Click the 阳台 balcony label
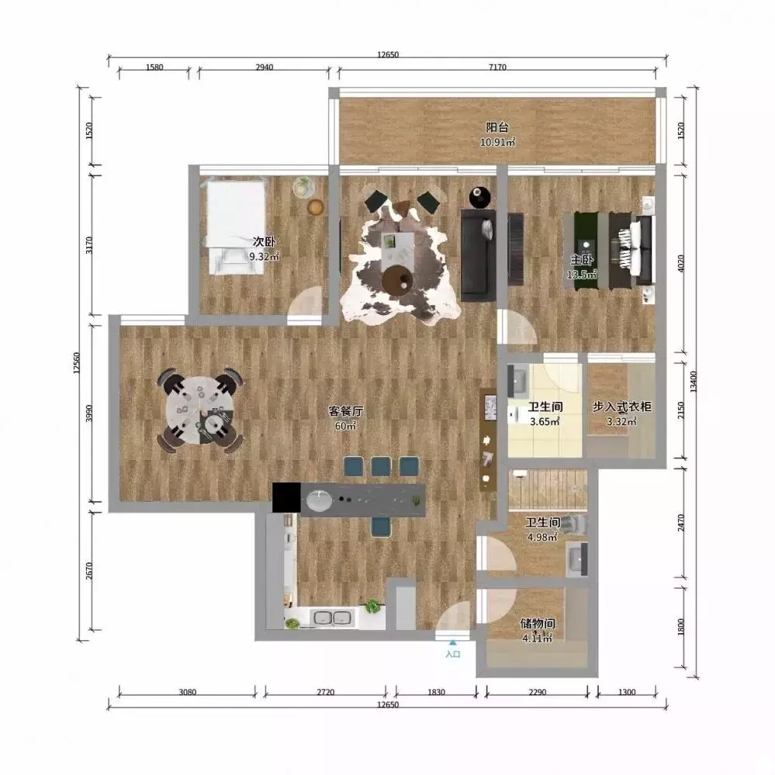coord(496,127)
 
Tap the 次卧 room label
coord(264,242)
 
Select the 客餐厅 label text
coord(346,410)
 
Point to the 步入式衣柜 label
coord(621,407)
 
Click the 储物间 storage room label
coord(538,624)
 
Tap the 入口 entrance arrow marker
coord(453,643)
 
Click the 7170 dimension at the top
coord(497,67)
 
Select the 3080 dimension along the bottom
coord(187,692)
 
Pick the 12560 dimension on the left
coord(76,363)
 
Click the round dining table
coord(199,410)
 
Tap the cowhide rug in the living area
coord(400,264)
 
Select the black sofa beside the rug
coord(478,255)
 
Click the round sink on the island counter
coord(319,501)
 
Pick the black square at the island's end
coord(286,497)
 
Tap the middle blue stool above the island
coord(381,466)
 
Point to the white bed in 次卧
coord(235,227)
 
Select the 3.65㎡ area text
coord(545,421)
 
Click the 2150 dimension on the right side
coord(681,410)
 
